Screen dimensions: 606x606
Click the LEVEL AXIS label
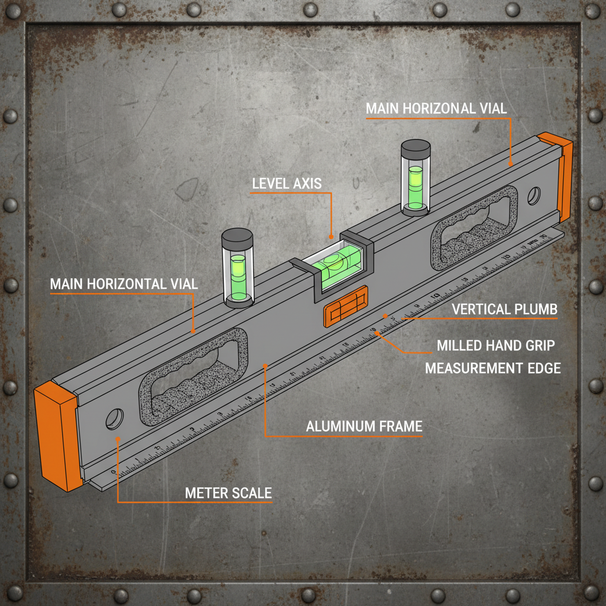(x=287, y=183)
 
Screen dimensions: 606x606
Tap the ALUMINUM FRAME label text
(x=364, y=426)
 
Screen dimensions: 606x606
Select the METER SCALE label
(x=228, y=493)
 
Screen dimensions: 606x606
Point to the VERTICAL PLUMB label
(x=504, y=309)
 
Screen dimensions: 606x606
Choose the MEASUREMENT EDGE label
(x=493, y=368)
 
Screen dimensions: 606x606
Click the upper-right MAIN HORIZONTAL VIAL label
(x=436, y=108)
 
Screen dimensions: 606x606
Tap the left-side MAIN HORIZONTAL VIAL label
(x=124, y=283)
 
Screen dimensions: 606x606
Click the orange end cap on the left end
(x=57, y=435)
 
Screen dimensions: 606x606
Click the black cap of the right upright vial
(x=415, y=149)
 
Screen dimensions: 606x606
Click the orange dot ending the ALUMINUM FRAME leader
(x=265, y=366)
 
